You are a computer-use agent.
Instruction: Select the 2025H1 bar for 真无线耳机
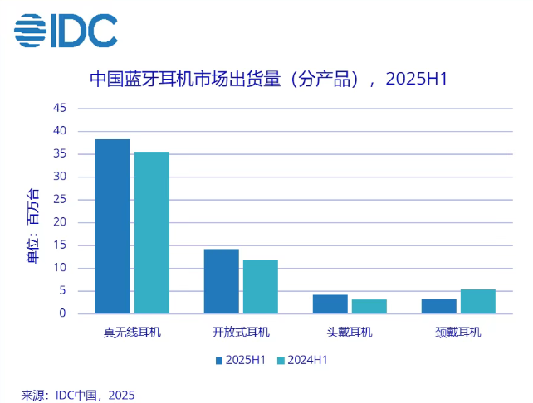[x=113, y=226]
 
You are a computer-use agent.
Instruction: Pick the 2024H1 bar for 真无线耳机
[x=152, y=233]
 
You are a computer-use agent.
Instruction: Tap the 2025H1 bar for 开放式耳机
[x=222, y=281]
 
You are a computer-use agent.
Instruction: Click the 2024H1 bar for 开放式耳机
[x=260, y=287]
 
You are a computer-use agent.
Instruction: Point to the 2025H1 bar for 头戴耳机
[x=330, y=304]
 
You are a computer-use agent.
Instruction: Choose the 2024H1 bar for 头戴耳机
[x=369, y=307]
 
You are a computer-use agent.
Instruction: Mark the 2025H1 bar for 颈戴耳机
[x=438, y=306]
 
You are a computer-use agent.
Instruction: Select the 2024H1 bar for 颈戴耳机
[x=477, y=302]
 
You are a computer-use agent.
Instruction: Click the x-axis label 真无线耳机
[x=132, y=333]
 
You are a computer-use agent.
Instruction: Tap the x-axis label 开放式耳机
[x=241, y=333]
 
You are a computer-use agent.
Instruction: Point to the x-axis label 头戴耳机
[x=350, y=333]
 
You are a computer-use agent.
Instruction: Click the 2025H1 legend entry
[x=241, y=361]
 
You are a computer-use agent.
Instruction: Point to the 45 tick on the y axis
[x=60, y=108]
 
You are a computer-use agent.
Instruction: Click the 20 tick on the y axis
[x=60, y=222]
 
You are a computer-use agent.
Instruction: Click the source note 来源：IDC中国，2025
[x=78, y=394]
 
